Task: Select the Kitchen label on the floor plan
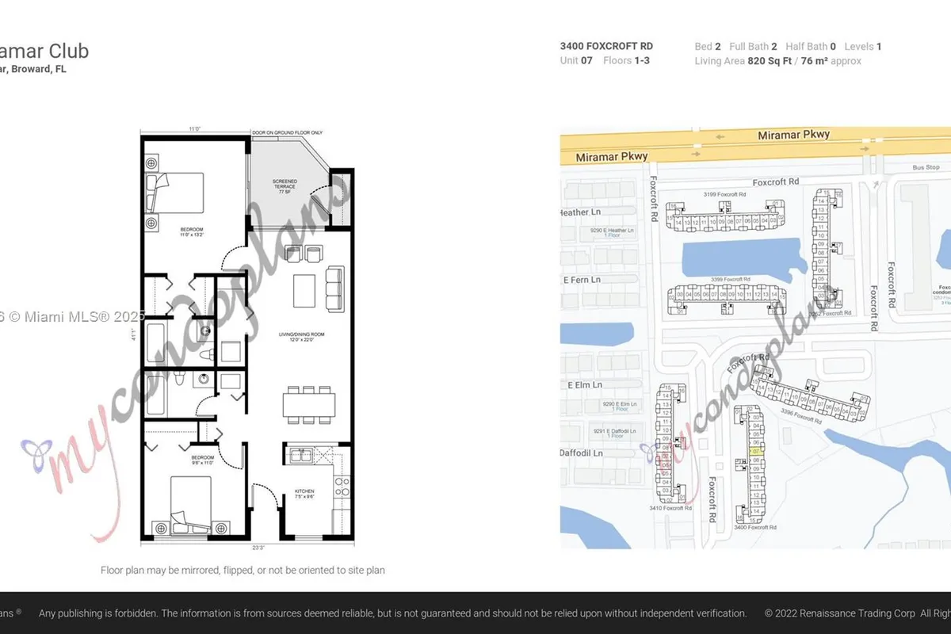coord(304,495)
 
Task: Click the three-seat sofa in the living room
coord(334,290)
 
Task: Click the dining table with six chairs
coord(308,405)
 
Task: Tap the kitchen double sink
coord(301,455)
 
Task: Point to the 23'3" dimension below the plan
coord(258,548)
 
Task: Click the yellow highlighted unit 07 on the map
coord(756,451)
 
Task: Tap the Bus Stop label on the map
coord(925,168)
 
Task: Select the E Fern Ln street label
coord(581,280)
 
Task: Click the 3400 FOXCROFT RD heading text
coord(606,47)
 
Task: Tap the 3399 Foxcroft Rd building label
coord(730,280)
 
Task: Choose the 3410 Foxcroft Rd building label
coord(670,508)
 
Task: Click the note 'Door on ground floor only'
coord(288,132)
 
